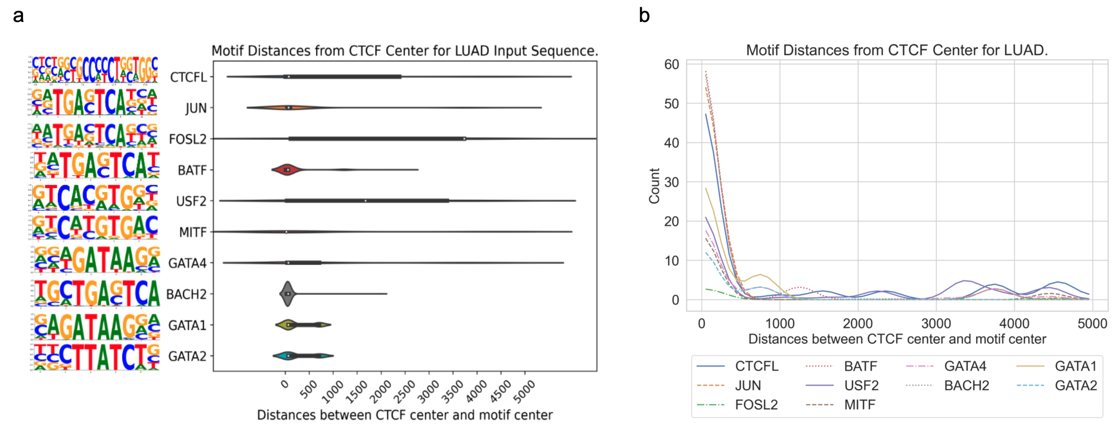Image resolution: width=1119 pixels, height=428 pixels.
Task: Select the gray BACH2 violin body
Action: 287,294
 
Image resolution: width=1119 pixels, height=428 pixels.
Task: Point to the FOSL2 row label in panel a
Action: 187,139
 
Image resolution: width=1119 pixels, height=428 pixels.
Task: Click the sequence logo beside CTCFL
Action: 94,70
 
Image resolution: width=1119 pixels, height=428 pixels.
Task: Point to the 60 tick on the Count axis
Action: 671,65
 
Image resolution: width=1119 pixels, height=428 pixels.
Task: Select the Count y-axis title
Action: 654,186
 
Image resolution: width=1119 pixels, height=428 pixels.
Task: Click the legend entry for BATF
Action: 860,366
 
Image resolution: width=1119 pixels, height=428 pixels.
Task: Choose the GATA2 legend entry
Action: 1076,386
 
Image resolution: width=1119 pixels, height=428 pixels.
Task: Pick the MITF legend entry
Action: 859,405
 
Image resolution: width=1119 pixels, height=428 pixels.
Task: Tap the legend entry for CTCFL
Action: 756,366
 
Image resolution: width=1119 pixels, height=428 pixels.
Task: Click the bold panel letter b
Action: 644,16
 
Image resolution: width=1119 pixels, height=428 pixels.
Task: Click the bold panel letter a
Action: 18,16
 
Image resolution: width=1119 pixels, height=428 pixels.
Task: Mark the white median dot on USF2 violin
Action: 365,201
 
